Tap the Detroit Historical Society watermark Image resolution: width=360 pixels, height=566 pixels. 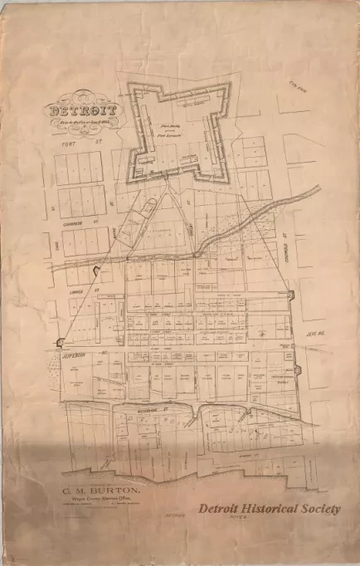[x=269, y=509]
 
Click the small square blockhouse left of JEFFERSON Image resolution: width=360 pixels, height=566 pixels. [x=61, y=341]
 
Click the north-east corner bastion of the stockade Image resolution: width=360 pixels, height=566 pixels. [x=289, y=295]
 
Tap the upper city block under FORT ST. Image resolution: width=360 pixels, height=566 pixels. [x=80, y=168]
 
